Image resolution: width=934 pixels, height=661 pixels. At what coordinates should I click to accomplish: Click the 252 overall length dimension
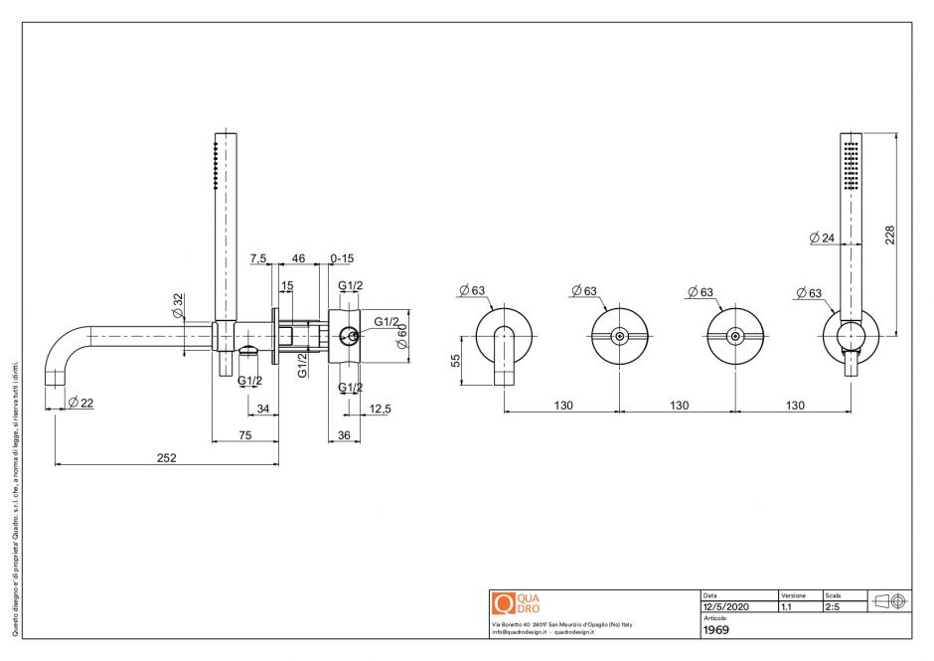click(166, 457)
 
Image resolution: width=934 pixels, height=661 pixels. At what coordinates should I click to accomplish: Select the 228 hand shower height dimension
click(890, 234)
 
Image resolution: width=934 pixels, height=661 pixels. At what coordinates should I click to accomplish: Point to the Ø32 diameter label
click(178, 304)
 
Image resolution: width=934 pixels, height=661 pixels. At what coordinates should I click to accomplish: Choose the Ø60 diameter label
click(402, 336)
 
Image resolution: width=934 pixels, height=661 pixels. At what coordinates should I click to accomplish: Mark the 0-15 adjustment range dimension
click(342, 258)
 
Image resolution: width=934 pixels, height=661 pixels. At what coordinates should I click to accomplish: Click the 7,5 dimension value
click(258, 258)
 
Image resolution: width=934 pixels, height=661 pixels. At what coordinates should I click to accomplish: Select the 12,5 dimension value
click(379, 408)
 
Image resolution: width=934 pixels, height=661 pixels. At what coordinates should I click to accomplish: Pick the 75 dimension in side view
click(244, 435)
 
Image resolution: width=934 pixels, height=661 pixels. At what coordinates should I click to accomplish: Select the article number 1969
click(717, 629)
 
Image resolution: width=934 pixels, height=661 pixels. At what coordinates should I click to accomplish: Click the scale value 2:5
click(833, 606)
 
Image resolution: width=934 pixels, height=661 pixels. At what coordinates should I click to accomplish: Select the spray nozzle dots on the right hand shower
click(851, 164)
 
